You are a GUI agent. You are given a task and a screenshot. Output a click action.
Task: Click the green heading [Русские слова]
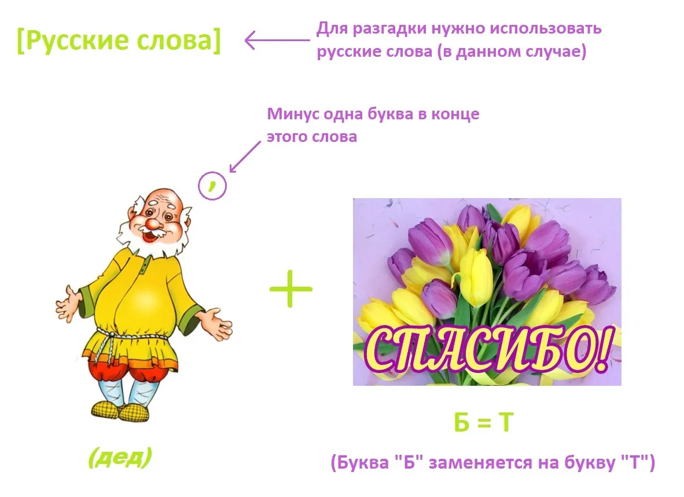coord(119,40)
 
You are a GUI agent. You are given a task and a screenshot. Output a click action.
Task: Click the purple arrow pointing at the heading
coord(277,40)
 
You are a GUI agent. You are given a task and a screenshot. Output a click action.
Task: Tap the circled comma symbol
coord(212,185)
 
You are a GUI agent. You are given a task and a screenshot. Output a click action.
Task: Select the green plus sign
coord(291,288)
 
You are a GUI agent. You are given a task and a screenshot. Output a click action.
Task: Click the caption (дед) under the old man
coord(120,457)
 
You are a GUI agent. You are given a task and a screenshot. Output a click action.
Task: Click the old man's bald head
coord(164,199)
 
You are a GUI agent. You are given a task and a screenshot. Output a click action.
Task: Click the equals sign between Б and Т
coord(483,423)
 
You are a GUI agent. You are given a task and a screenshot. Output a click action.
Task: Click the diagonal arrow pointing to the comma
coord(245,157)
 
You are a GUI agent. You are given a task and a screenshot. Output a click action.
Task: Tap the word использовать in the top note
coord(545,28)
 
